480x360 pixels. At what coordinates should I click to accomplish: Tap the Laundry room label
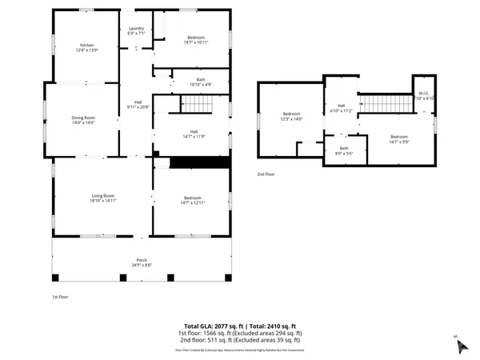click(x=135, y=31)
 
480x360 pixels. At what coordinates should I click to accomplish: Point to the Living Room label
click(x=102, y=198)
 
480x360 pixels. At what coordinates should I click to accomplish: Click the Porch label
click(x=141, y=262)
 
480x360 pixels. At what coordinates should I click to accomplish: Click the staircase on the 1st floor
click(x=198, y=104)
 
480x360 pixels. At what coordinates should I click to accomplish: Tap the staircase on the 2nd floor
click(x=382, y=103)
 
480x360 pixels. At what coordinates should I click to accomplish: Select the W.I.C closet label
click(x=424, y=95)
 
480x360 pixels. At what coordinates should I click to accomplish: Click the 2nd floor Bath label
click(x=344, y=150)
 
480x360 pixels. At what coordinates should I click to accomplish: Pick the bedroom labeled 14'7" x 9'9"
click(x=398, y=139)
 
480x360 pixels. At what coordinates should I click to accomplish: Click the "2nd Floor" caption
click(x=266, y=174)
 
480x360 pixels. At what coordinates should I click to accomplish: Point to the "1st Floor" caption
click(x=50, y=296)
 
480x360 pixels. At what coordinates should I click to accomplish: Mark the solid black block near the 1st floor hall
click(x=200, y=162)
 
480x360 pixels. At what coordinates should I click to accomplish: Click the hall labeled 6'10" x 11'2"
click(x=341, y=108)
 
